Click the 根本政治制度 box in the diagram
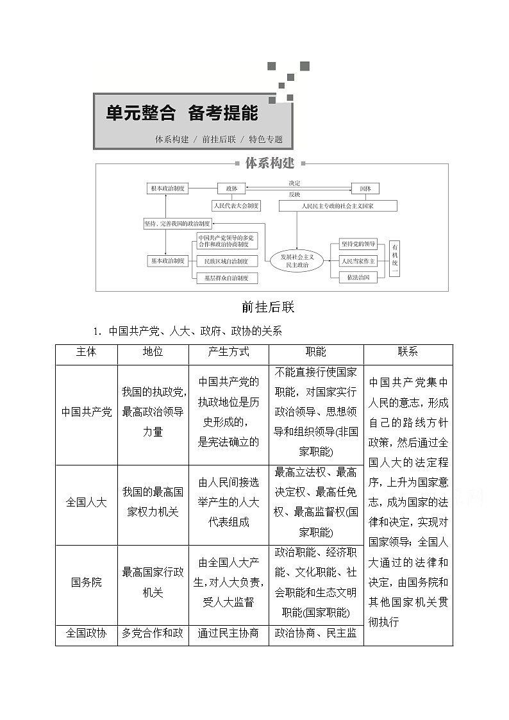(x=168, y=188)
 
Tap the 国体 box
(x=365, y=188)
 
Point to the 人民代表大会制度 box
(x=236, y=206)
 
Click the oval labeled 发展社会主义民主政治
(x=296, y=260)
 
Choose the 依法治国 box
(x=358, y=278)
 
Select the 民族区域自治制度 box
(x=226, y=261)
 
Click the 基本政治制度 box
(x=168, y=261)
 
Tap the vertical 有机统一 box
(x=395, y=260)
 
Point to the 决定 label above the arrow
(x=294, y=183)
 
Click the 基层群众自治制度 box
(x=226, y=278)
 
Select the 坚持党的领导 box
(x=358, y=244)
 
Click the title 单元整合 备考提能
(x=182, y=113)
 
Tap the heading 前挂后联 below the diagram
(x=268, y=307)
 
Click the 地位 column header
(x=153, y=352)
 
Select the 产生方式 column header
(x=228, y=352)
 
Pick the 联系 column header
(x=408, y=352)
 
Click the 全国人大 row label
(x=87, y=502)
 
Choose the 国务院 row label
(x=87, y=583)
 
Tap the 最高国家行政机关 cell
(x=153, y=582)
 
